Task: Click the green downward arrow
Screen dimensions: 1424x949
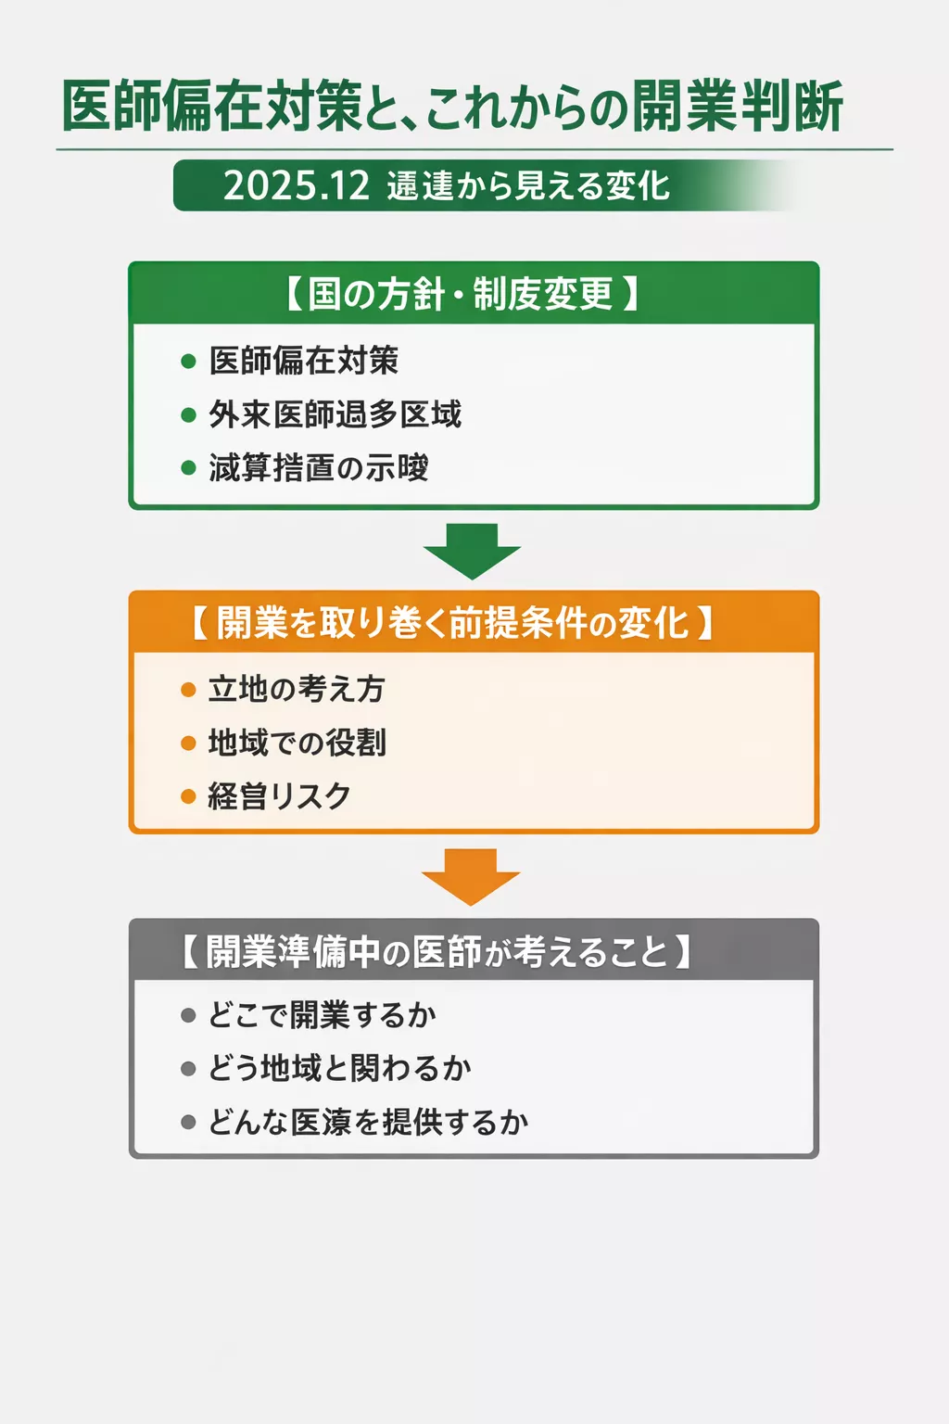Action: tap(473, 550)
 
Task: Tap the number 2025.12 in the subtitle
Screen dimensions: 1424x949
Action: tap(297, 186)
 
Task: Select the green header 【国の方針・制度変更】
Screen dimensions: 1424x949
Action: tap(461, 294)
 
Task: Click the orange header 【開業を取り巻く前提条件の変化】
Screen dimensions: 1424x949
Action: tap(453, 623)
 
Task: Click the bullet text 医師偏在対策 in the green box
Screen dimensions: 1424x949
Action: tap(304, 361)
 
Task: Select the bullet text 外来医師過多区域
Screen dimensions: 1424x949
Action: tap(335, 414)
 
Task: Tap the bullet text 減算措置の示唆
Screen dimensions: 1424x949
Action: tap(319, 468)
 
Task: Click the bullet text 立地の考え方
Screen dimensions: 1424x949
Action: tap(297, 689)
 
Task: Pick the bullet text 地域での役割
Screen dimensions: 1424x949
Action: tap(297, 743)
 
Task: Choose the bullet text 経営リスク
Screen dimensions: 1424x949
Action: tap(280, 796)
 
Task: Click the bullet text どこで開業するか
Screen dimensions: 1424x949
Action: tap(322, 1015)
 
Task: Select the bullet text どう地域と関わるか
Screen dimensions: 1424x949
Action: tap(339, 1069)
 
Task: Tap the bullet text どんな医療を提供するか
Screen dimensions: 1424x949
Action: tap(368, 1123)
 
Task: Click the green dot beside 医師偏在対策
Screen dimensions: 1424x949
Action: tap(189, 362)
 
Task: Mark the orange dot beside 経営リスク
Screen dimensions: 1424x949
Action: tap(189, 796)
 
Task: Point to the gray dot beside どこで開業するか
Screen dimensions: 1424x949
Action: tap(189, 1016)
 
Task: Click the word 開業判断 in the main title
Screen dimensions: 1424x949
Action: tap(738, 107)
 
